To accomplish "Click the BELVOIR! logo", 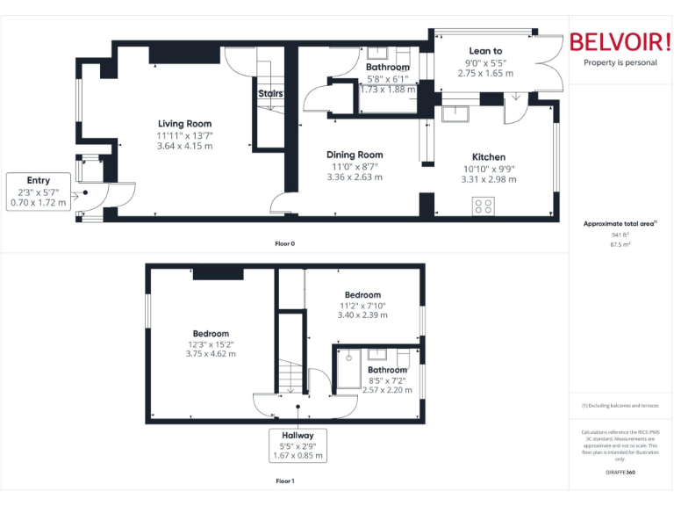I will (x=619, y=42).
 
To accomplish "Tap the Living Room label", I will (x=184, y=124).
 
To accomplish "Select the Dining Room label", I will (x=355, y=155).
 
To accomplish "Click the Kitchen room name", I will (x=489, y=157).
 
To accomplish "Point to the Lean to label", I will (x=485, y=52).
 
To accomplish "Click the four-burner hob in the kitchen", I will (x=483, y=206).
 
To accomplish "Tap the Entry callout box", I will (x=39, y=192).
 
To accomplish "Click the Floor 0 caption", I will (x=284, y=243).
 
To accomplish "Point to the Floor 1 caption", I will (x=284, y=481).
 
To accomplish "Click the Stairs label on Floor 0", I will (x=269, y=93).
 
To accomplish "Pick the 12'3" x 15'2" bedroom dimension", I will (x=211, y=344).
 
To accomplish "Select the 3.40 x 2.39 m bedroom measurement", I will (x=362, y=314).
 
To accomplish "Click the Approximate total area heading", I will (x=620, y=224).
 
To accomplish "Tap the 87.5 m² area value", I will (x=620, y=245).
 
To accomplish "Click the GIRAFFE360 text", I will (x=620, y=473).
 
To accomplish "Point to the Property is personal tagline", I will (x=620, y=62).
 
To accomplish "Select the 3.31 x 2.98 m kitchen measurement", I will (x=488, y=179).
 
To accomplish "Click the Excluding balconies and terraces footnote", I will (x=620, y=405).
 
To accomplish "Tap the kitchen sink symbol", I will (x=456, y=112).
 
